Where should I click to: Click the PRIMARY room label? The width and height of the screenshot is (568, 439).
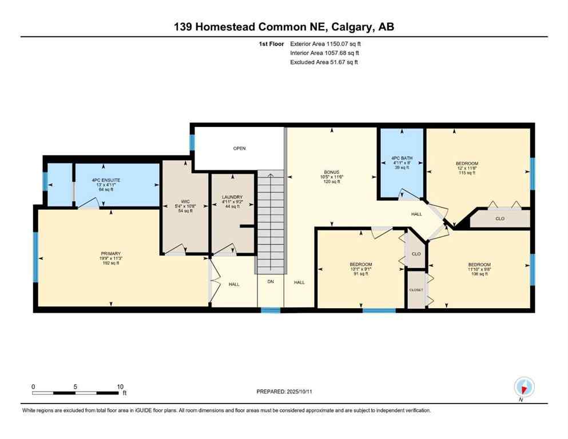[x=111, y=253]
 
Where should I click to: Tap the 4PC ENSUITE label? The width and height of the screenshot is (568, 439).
[x=104, y=181]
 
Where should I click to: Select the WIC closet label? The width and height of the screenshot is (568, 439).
[x=185, y=202]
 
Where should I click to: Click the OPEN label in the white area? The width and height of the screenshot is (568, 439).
[x=239, y=149]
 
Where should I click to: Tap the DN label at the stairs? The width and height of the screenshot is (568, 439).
[x=271, y=282]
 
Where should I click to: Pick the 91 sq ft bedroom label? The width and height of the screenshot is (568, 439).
[x=361, y=264]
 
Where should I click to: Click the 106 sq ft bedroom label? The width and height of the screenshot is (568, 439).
[x=479, y=264]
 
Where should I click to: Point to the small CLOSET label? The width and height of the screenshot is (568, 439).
[x=416, y=290]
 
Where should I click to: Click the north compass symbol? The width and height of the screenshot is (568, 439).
[x=524, y=387]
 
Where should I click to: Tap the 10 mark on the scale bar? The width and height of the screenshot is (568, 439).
[x=120, y=386]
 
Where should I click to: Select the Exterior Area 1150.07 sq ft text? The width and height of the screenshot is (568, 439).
[x=325, y=43]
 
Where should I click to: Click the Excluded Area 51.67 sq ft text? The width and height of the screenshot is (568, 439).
[x=324, y=62]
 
